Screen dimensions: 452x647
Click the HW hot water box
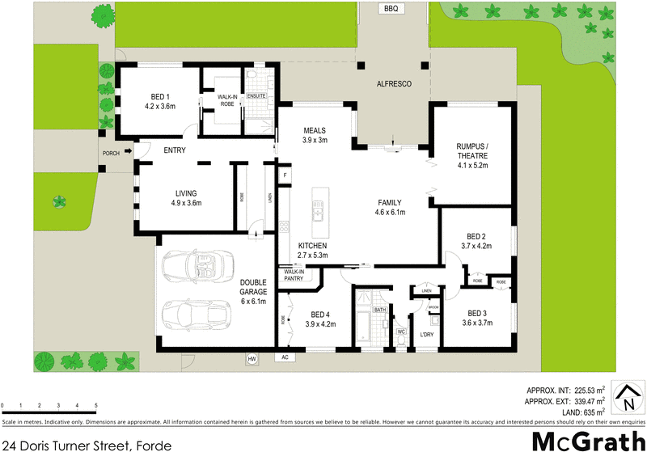pos(252,357)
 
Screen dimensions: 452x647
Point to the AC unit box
pos(285,357)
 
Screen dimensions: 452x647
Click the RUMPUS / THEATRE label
pos(472,150)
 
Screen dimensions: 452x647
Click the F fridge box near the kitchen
pos(285,175)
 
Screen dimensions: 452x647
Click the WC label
pos(400,332)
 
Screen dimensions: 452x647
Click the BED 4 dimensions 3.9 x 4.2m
pos(320,324)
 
